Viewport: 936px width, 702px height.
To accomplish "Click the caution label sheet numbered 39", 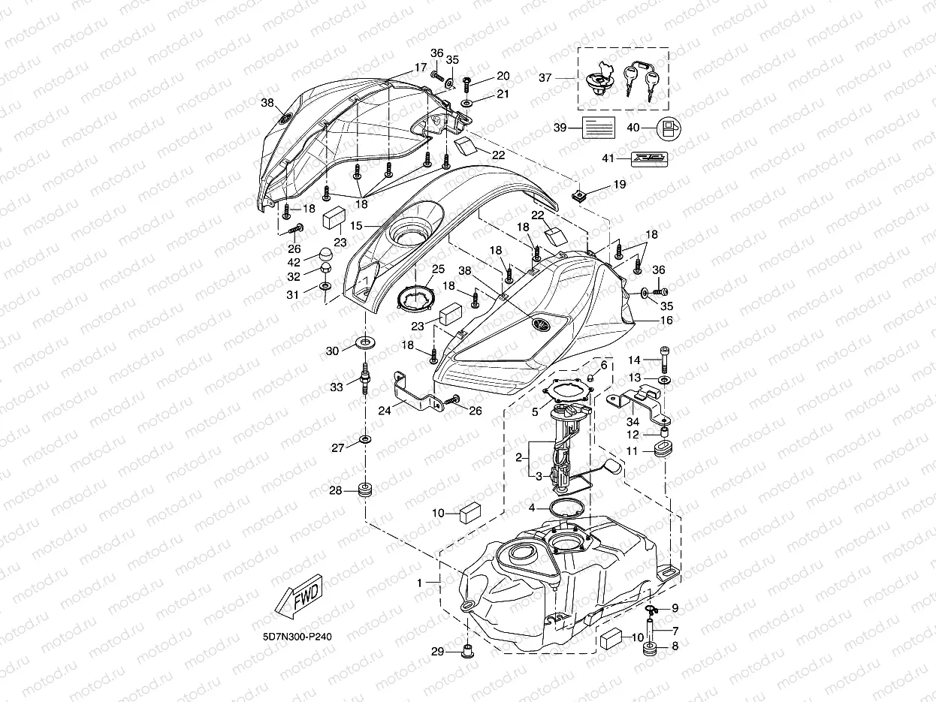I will pyautogui.click(x=599, y=128).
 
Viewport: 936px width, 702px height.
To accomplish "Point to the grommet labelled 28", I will pyautogui.click(x=366, y=491).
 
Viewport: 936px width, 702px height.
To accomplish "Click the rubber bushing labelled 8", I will pyautogui.click(x=650, y=647).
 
